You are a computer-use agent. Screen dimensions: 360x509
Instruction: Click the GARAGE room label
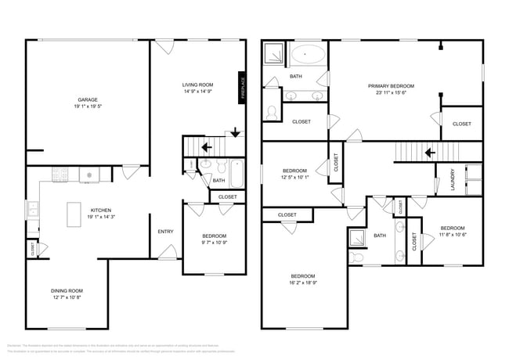point(87,99)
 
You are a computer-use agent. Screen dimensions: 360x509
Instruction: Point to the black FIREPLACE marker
point(244,86)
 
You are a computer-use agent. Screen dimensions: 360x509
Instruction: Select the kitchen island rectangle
point(75,213)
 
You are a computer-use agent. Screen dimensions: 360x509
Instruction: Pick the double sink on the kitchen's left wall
point(32,209)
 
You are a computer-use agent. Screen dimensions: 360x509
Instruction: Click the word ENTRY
point(165,231)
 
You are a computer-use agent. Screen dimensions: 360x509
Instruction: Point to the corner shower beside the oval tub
point(274,53)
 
